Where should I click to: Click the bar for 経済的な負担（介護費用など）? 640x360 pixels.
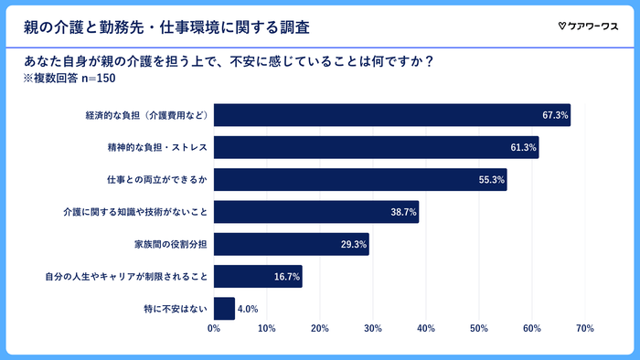(391, 116)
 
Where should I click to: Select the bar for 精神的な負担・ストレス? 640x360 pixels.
(376, 148)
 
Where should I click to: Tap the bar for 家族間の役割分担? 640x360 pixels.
(291, 244)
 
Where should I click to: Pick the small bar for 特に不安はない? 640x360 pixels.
(224, 309)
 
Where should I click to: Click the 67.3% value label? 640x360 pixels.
(555, 116)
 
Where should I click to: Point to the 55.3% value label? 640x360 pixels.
(492, 180)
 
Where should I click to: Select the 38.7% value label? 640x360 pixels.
(403, 212)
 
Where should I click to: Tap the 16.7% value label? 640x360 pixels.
(287, 277)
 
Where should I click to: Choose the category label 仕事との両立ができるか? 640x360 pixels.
(158, 180)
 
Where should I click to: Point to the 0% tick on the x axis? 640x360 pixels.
(214, 328)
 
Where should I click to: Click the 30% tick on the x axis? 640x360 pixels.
(373, 328)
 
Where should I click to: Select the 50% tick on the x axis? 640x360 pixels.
(479, 328)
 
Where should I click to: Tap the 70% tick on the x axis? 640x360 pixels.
(585, 328)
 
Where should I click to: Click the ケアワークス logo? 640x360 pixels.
(588, 25)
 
